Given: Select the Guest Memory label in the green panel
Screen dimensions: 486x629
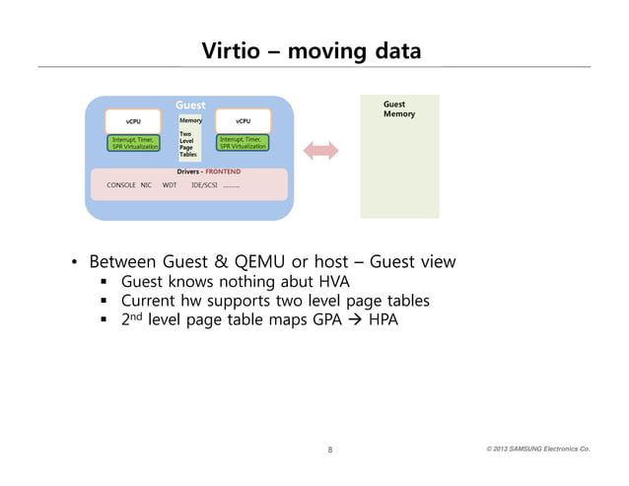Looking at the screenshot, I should click(398, 108).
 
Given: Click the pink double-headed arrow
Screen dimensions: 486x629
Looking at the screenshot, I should click(320, 150).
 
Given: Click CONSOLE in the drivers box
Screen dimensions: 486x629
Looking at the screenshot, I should click(120, 184).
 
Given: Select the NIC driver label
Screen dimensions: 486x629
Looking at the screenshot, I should click(146, 184).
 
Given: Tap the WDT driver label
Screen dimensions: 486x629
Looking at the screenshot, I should click(169, 184).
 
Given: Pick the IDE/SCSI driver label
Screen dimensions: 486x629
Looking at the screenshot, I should click(204, 184).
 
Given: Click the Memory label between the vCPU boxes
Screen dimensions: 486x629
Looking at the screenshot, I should click(190, 121).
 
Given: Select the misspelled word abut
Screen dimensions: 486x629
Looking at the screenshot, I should click(293, 282).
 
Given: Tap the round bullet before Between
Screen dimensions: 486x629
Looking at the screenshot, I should click(73, 263).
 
